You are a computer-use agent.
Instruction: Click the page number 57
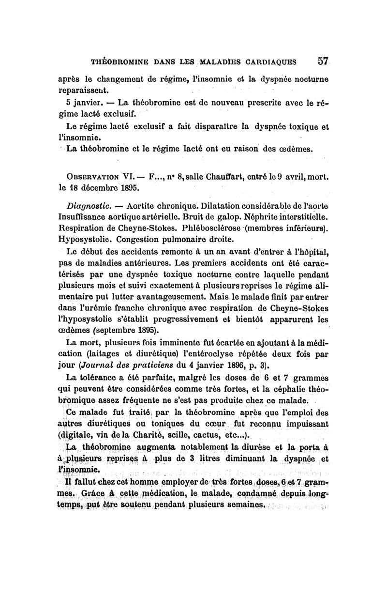(x=323, y=61)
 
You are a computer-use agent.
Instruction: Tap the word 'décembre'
(x=98, y=186)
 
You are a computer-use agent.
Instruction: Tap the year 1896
(x=244, y=365)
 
